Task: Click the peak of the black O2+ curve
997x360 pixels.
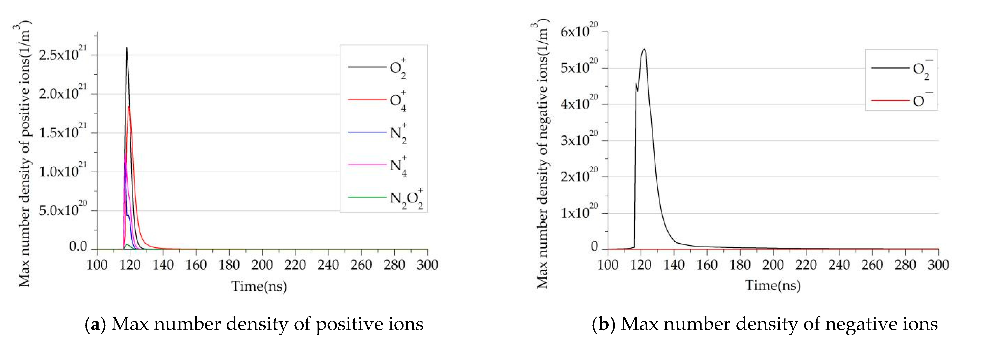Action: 127,48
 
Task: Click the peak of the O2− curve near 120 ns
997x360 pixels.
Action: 644,50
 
